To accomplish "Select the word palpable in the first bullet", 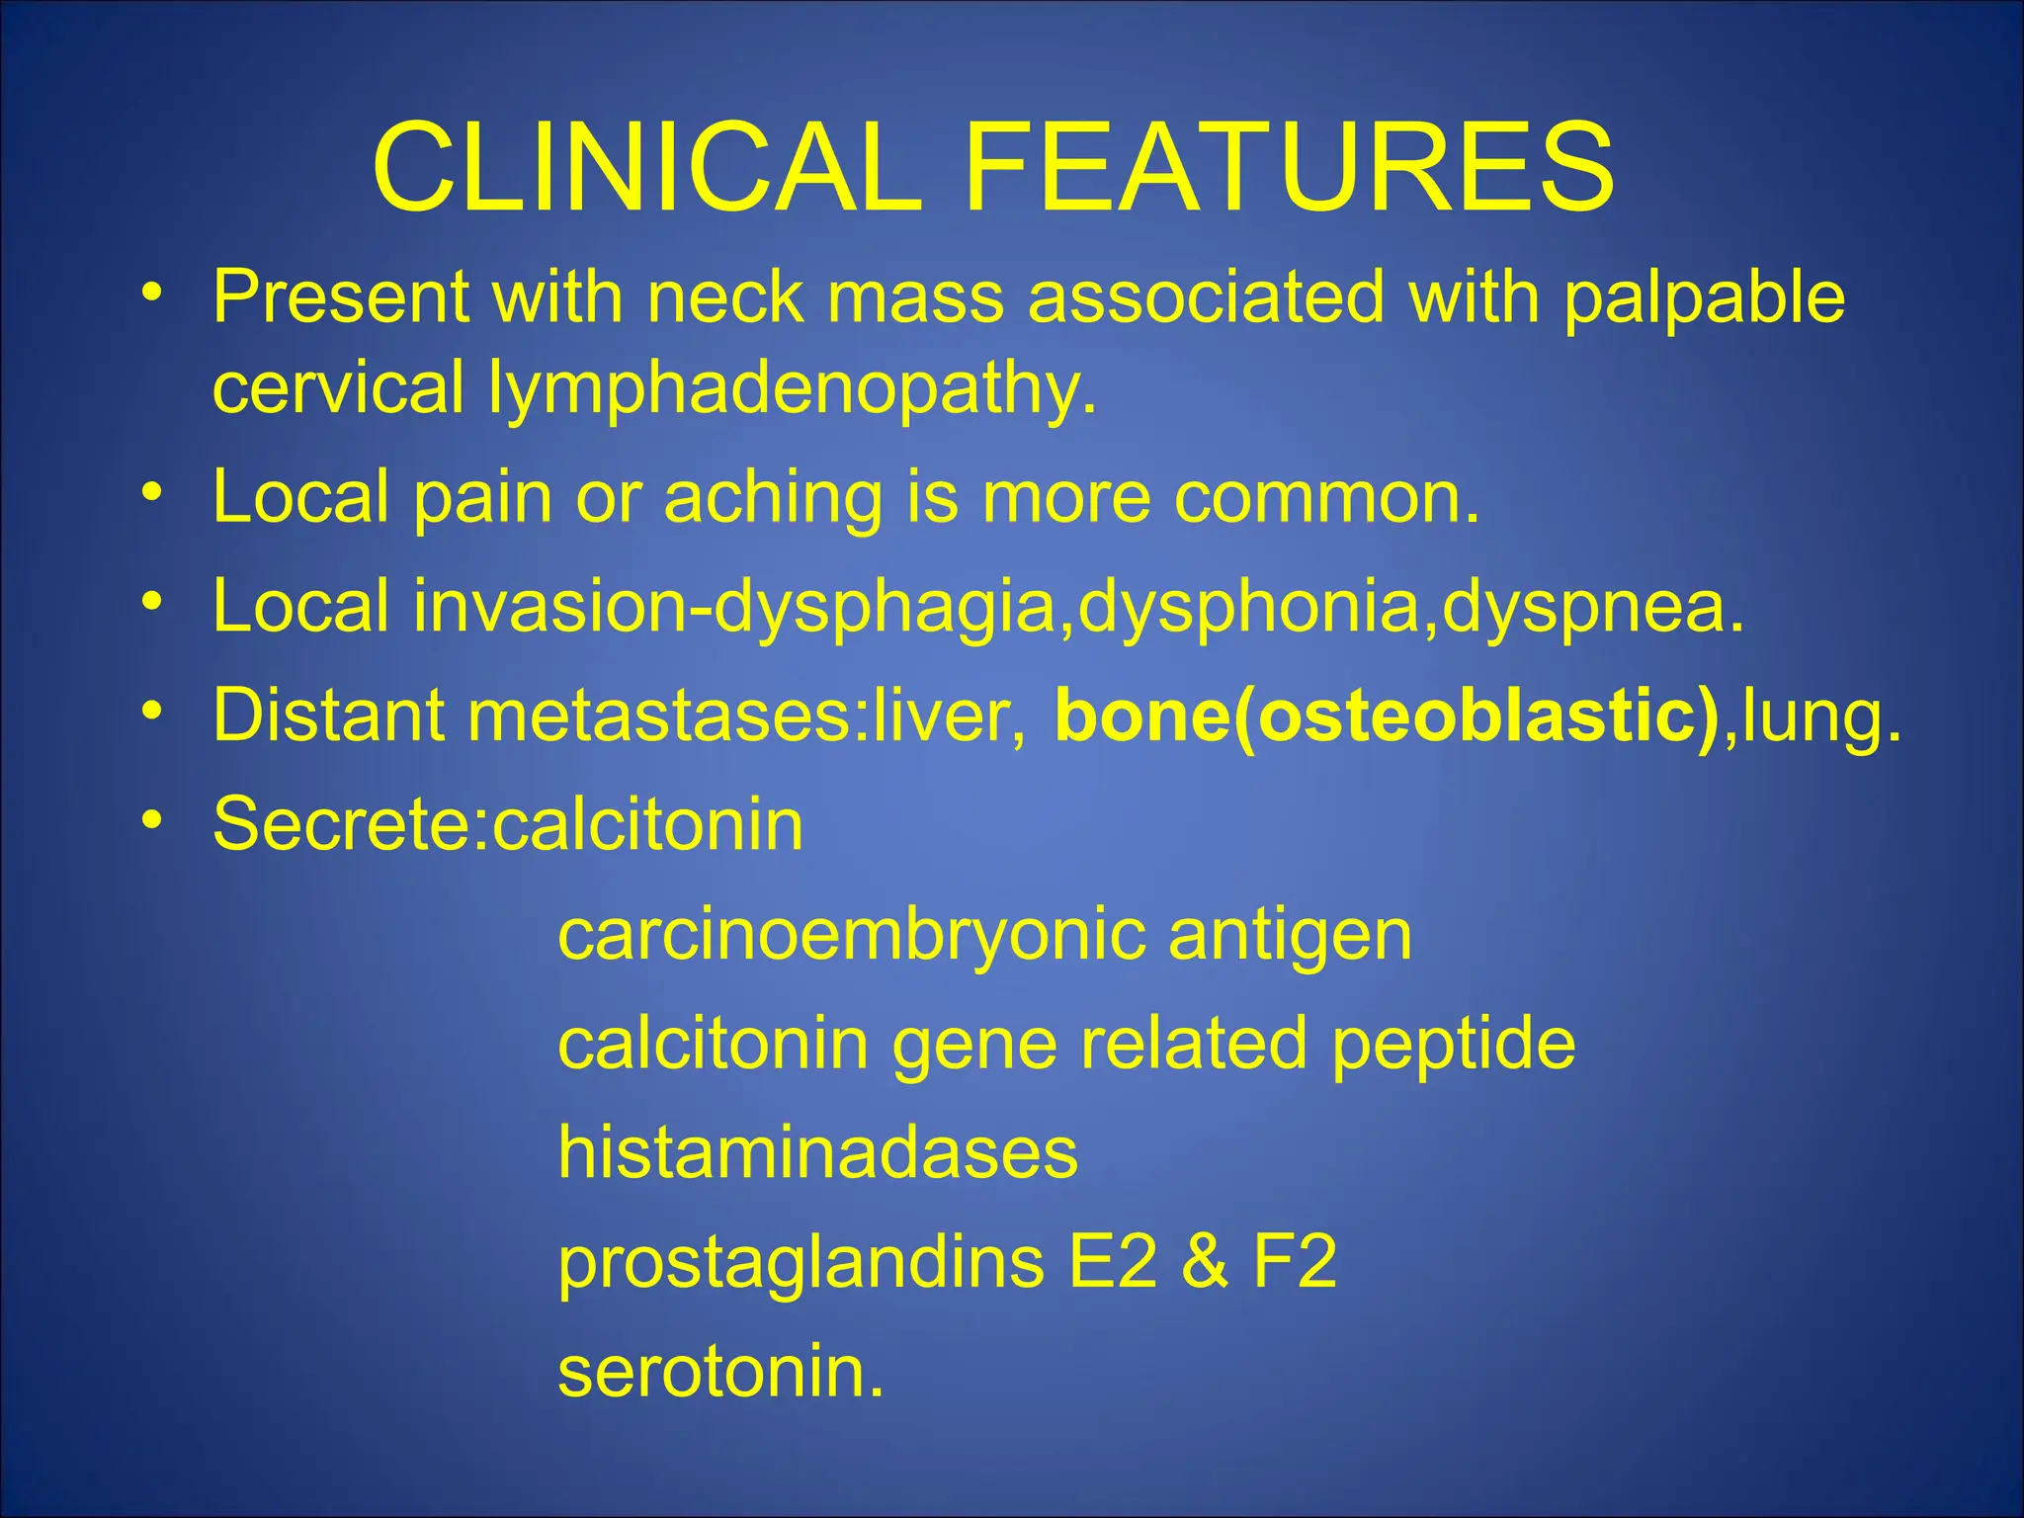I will [x=1703, y=298].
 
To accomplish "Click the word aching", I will [x=772, y=498].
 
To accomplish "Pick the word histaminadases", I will [x=817, y=1153].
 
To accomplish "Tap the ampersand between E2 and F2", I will [x=1205, y=1262].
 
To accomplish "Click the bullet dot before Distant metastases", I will [x=151, y=710].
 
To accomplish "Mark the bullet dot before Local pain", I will [x=151, y=491].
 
